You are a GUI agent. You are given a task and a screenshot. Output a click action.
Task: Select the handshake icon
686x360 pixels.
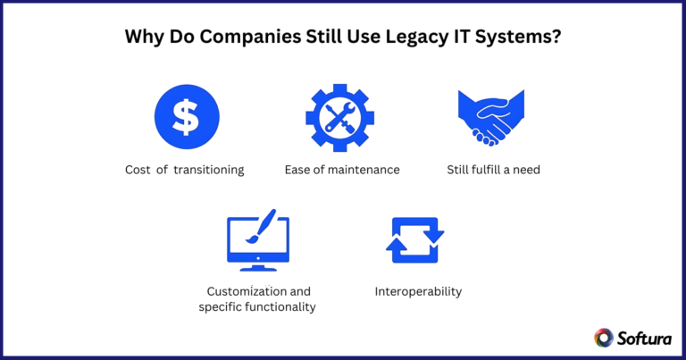point(493,116)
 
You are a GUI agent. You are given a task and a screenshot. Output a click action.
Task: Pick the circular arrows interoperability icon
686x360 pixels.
point(414,241)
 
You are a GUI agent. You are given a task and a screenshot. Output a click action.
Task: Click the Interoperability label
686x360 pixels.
point(418,291)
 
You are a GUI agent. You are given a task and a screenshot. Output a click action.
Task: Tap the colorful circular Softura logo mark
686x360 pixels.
point(604,337)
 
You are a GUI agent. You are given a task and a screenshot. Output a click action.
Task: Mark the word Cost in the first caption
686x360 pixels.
point(138,170)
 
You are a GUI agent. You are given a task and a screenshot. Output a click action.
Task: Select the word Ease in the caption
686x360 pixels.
point(298,170)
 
